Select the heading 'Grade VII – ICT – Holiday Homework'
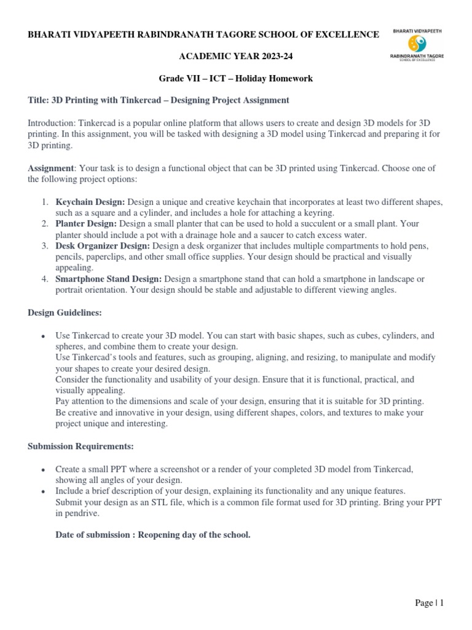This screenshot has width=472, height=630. [x=236, y=78]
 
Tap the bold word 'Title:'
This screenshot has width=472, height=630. [x=37, y=100]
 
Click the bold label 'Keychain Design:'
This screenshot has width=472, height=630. [x=90, y=202]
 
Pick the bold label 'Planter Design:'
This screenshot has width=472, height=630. [x=86, y=223]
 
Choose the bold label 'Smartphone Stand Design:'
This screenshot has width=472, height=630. [x=109, y=279]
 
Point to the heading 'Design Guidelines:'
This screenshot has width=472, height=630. [x=65, y=313]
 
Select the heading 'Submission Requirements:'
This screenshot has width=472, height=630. [x=81, y=445]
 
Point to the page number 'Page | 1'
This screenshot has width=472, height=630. [x=429, y=603]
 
